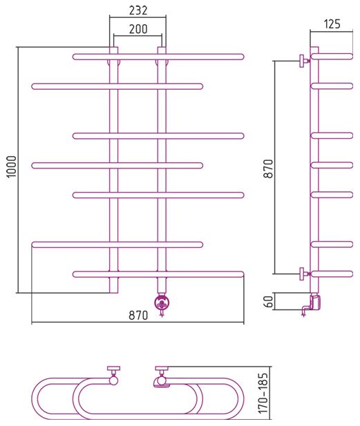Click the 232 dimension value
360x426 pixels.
coord(138,10)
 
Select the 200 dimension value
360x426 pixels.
coord(138,29)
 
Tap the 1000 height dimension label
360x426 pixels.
coord(12,166)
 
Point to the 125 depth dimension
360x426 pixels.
coord(332,24)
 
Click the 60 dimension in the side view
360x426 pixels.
coord(269,301)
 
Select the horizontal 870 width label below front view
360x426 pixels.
coord(138,316)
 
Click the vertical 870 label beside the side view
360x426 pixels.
coord(269,168)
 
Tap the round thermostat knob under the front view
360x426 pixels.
coord(162,303)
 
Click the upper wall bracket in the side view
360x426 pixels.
coord(304,61)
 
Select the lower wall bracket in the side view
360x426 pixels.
coord(304,273)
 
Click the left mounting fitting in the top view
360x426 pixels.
coord(113,376)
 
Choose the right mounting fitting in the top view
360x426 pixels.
coord(162,376)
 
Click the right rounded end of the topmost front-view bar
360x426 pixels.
coord(241,57)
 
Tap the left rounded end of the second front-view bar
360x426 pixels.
coord(35,87)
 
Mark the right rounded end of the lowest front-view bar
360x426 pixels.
coord(241,274)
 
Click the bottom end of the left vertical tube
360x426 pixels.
coord(113,293)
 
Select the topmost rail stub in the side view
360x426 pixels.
coord(332,57)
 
